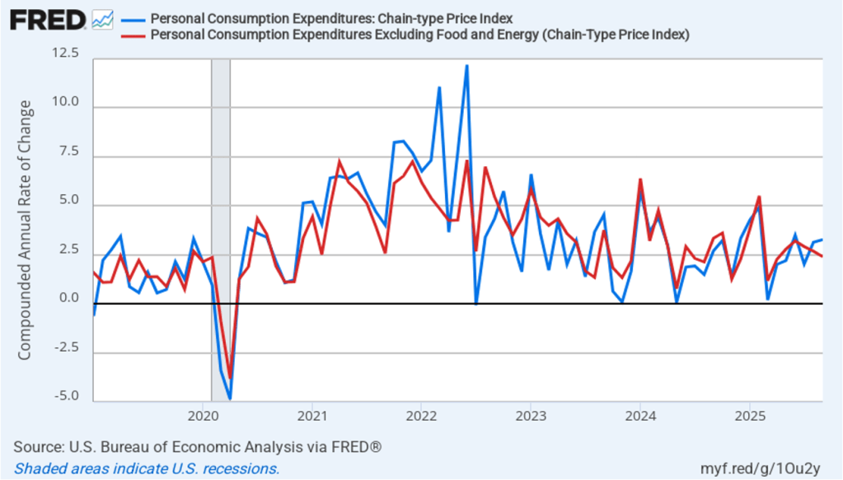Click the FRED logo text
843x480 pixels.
pos(47,18)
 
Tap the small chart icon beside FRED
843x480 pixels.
pos(102,18)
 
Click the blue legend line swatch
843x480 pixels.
pos(133,19)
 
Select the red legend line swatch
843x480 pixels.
pos(133,35)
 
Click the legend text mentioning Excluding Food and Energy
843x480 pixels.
pos(419,35)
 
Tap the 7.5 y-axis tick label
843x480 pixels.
pos(68,151)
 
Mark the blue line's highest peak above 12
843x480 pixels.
pos(466,66)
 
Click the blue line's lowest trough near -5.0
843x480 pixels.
pos(230,398)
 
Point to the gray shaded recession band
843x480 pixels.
pos(221,165)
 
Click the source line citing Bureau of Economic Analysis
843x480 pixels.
pos(198,447)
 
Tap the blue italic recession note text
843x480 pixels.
pos(147,468)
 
